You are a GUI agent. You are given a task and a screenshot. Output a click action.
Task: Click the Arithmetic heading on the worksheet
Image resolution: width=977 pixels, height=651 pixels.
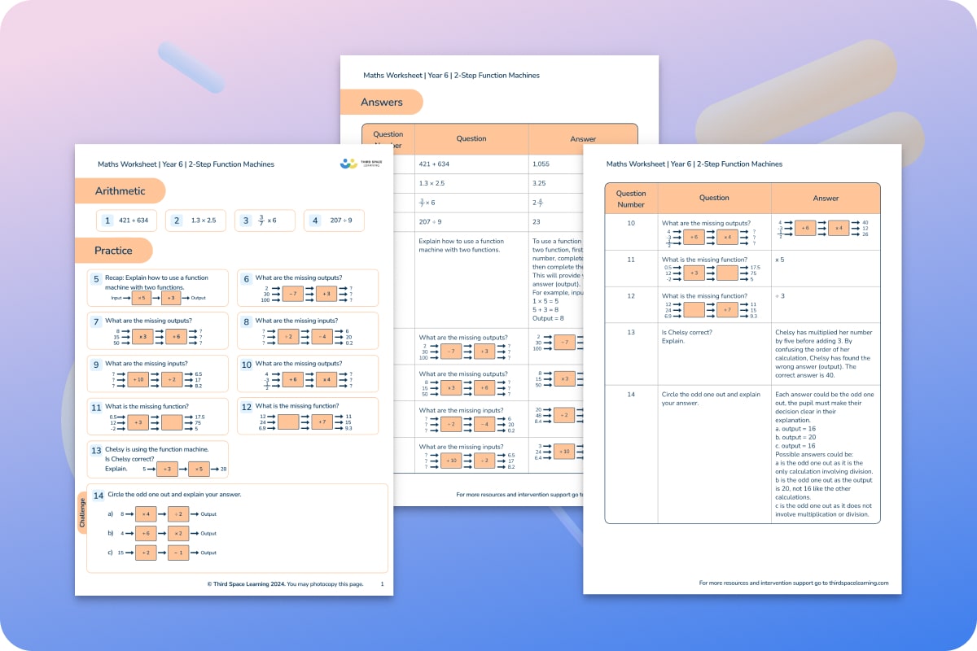point(120,191)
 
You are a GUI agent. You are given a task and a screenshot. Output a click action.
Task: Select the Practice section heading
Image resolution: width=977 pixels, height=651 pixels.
point(113,251)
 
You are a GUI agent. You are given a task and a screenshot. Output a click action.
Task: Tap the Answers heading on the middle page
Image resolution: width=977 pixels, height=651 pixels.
point(381,103)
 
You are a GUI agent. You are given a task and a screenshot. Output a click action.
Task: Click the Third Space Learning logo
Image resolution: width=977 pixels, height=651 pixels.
point(359,164)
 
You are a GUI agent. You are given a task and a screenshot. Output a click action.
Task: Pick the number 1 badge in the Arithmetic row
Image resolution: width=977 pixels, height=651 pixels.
point(107,221)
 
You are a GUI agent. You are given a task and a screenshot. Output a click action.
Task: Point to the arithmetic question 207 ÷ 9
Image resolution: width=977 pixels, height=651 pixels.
point(341,221)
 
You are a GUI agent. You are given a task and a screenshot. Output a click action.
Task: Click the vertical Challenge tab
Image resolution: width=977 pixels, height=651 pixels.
point(82,513)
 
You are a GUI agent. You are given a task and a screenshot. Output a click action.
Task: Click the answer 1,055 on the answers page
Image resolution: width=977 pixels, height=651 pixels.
point(541,164)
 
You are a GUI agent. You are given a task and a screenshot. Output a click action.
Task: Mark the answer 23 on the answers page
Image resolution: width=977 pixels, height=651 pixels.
point(537,221)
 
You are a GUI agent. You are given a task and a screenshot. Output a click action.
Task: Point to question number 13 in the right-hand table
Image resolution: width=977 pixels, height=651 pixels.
point(631,332)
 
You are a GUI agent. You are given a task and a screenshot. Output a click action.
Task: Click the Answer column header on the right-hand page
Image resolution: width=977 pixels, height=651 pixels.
point(825,198)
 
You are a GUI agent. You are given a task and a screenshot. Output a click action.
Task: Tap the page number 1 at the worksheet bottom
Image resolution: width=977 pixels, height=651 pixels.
point(382,583)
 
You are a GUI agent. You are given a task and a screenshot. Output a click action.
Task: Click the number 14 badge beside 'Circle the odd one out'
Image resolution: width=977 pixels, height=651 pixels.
point(99,495)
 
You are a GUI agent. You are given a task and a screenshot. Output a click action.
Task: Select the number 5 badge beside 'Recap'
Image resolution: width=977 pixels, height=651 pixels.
point(95,278)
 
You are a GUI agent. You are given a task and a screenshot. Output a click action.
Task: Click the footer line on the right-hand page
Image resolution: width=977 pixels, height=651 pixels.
point(793,583)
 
